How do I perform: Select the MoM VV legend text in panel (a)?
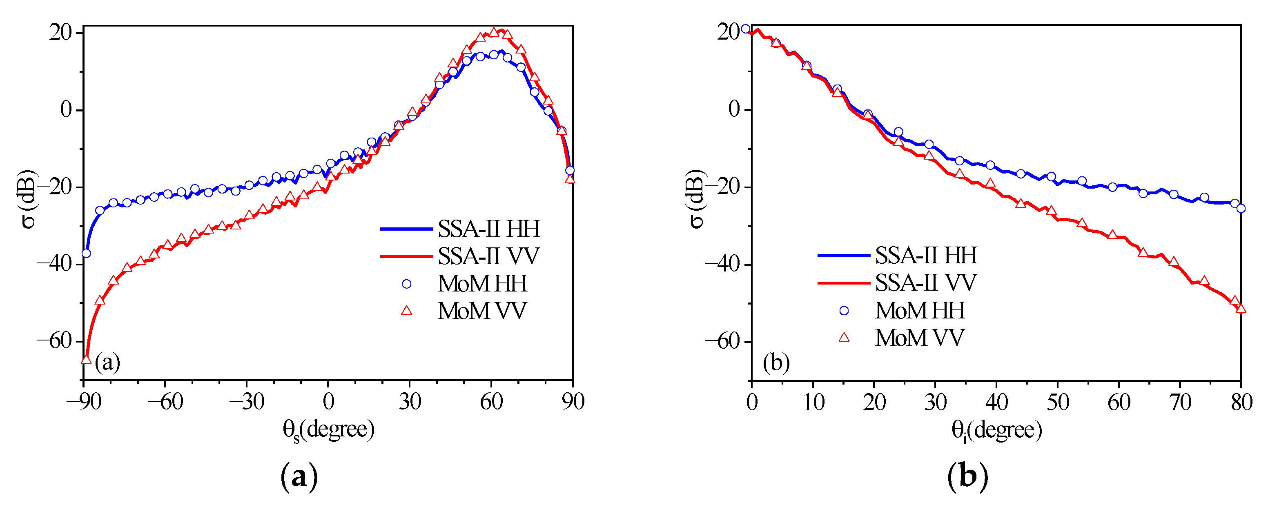[482, 311]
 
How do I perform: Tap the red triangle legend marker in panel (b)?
[844, 337]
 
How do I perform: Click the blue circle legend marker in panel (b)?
[844, 310]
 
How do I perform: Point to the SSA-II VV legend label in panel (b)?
[925, 283]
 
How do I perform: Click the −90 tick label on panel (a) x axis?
[84, 402]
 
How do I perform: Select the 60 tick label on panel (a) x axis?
[491, 402]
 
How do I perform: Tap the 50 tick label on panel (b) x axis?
[1057, 403]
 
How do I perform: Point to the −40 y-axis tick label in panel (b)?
[722, 264]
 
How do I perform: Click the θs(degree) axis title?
[328, 430]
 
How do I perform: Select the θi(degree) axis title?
[996, 431]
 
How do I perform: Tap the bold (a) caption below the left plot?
[299, 476]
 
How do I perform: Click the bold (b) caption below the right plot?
[967, 476]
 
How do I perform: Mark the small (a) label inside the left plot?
[107, 363]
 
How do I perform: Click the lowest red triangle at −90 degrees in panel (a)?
[86, 359]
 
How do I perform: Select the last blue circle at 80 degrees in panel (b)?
[1241, 209]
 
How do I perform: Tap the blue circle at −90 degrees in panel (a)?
[86, 254]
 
